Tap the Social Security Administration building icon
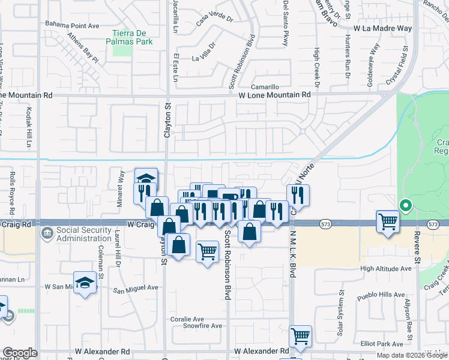pos(46,232)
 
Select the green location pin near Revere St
pos(405,206)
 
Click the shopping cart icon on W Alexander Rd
pos(300,336)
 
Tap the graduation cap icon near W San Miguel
pos(85,283)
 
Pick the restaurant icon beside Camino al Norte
pos(297,194)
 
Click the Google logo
pos(19,353)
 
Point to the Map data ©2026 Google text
pos(412,355)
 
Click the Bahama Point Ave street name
pos(72,25)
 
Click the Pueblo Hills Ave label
pos(380,295)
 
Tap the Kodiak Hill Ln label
pos(28,127)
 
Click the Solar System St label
pos(341,307)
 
